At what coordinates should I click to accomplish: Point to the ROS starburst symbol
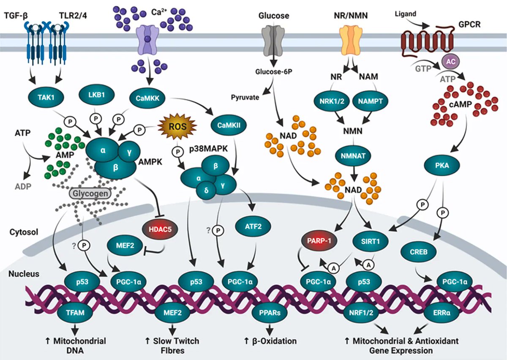click(176, 125)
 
